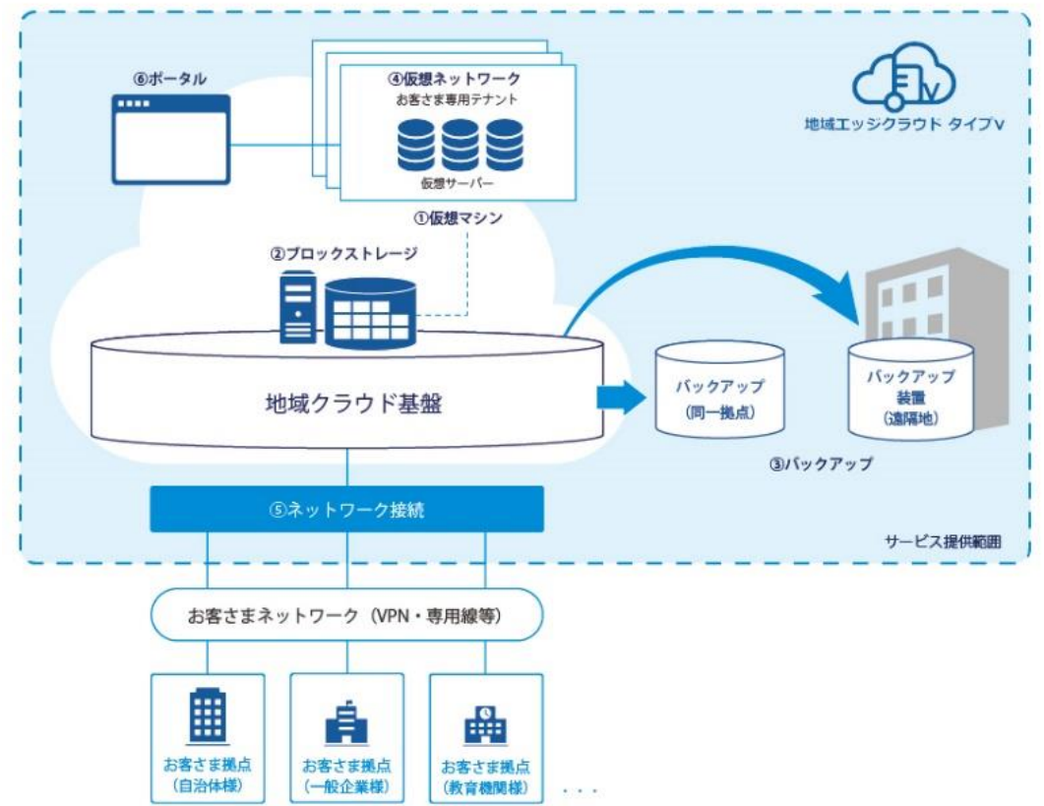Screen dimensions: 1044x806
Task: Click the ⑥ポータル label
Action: [170, 79]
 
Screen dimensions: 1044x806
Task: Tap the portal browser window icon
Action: [171, 139]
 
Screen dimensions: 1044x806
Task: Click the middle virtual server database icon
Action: [460, 145]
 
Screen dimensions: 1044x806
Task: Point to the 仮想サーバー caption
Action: [457, 182]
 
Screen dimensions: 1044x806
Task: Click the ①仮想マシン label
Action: [459, 217]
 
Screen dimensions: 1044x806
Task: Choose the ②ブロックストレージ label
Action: [343, 253]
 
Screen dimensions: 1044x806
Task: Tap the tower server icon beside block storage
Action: [297, 307]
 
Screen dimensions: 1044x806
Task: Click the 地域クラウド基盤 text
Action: [353, 403]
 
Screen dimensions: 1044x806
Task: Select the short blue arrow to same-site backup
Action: [621, 398]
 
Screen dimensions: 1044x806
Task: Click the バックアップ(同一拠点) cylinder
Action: [719, 389]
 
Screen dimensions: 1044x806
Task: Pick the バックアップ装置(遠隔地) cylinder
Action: [910, 390]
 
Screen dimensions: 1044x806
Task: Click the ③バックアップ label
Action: [821, 465]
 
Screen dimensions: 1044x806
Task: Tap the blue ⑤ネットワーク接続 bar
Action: [347, 510]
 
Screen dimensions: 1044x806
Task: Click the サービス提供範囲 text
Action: [943, 541]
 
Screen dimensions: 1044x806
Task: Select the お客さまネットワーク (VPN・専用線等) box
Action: [347, 615]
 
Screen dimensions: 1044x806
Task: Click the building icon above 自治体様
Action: [208, 716]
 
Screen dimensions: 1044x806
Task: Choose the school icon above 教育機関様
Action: [485, 724]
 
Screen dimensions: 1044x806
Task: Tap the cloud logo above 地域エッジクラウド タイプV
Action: [903, 77]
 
